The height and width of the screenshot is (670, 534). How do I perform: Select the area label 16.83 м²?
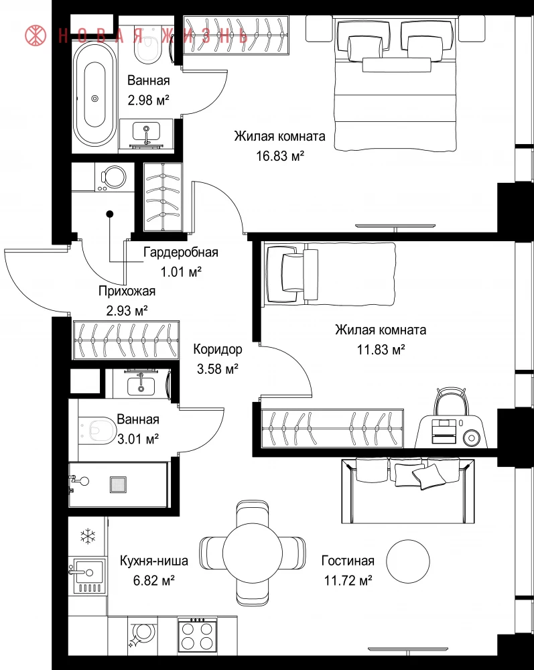280,155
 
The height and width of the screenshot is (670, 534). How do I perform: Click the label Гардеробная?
181,252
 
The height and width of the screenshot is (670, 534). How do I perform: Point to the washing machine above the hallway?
113,178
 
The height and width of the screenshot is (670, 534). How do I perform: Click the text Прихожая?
127,291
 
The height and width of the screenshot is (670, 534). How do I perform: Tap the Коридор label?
218,349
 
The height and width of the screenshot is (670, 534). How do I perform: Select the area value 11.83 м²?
381,350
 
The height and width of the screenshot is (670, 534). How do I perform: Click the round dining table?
252,553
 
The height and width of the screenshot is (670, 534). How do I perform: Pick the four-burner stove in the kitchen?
197,634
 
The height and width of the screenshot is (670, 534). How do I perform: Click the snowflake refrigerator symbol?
88,536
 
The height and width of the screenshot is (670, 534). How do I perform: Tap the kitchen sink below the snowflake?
88,576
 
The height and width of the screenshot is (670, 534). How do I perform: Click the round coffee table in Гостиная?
408,561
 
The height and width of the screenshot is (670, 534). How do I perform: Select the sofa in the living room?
408,490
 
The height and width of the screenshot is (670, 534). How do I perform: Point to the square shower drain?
119,484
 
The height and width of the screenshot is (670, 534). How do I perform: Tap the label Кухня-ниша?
154,561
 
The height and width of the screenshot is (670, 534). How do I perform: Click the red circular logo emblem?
36,36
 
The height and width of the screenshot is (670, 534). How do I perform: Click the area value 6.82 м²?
154,580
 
